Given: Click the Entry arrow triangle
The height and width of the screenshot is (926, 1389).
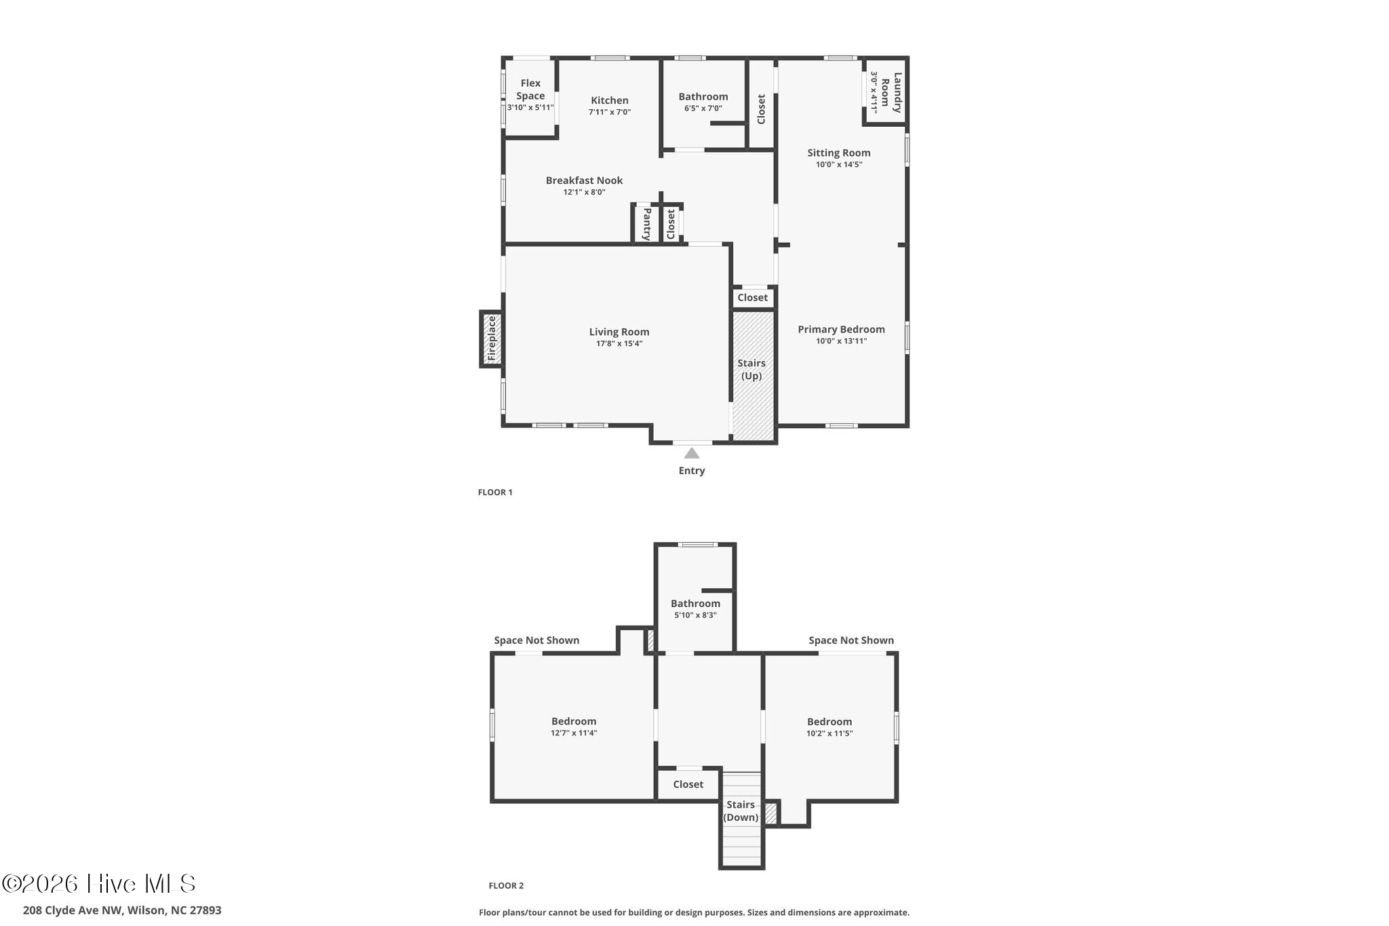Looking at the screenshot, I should tap(691, 453).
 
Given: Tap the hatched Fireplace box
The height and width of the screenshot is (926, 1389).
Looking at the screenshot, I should tap(492, 339).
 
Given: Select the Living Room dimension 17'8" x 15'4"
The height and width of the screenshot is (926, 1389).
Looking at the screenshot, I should tap(619, 344).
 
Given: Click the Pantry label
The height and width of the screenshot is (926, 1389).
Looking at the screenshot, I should tap(646, 224).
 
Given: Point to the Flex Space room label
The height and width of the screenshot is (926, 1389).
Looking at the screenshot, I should tap(530, 90).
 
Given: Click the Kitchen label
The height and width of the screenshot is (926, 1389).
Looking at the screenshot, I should tap(609, 100).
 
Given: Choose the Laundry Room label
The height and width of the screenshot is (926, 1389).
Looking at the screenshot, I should tap(891, 92).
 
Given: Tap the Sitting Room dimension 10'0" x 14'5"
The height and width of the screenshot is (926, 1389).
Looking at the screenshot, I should tap(838, 165).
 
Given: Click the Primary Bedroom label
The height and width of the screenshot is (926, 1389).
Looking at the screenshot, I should tap(841, 330).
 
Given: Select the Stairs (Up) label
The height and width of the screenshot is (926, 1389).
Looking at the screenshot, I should tap(751, 369).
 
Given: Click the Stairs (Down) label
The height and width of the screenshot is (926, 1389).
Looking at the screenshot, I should tap(741, 811).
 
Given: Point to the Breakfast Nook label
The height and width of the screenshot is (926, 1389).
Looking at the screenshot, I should tap(584, 180).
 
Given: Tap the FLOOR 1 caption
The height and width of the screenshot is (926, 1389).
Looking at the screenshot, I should tap(495, 493).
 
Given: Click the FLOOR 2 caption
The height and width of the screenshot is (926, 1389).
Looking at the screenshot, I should tap(506, 885).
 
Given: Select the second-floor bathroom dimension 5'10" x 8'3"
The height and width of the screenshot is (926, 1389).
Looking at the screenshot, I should tap(695, 615).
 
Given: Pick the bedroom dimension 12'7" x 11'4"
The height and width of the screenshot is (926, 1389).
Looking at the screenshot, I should tap(574, 733).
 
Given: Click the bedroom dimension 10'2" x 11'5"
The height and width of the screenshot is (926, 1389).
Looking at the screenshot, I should tap(829, 733).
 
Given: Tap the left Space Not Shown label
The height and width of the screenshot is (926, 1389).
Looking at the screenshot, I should tap(536, 640).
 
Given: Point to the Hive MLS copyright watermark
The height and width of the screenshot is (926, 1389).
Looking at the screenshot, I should tap(99, 883).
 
